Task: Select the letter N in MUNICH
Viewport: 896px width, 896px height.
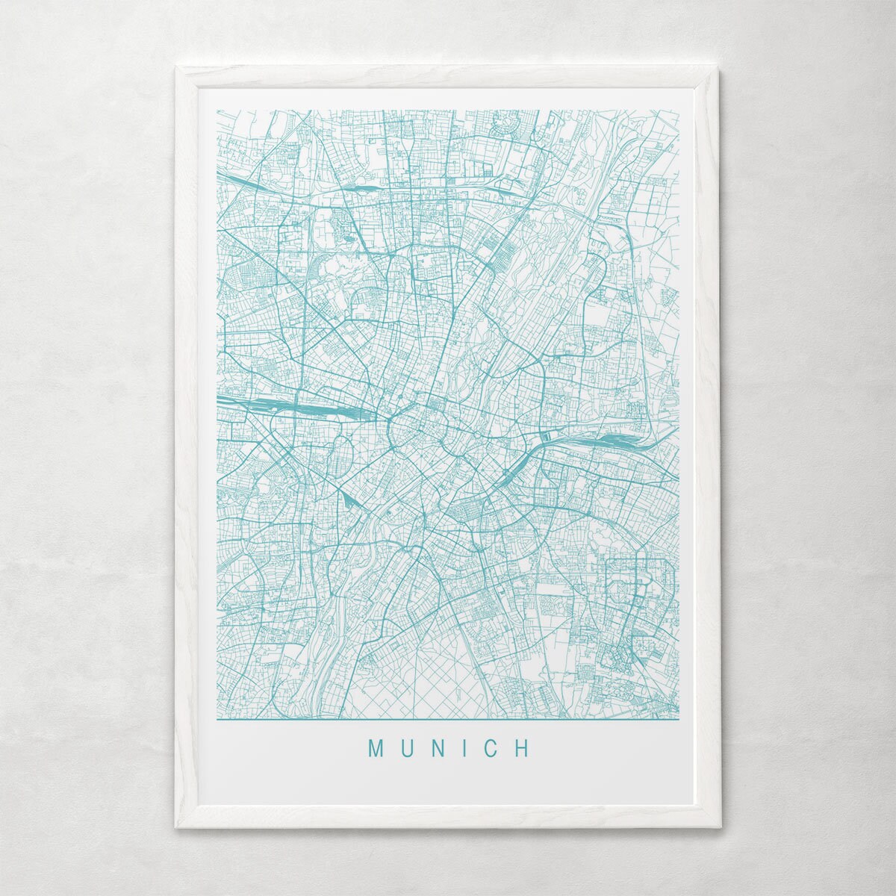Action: [438, 749]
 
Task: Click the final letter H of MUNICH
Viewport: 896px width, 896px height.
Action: [522, 749]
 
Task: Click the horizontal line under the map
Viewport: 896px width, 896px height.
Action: [448, 721]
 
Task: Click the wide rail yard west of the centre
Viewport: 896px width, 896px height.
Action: [284, 405]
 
